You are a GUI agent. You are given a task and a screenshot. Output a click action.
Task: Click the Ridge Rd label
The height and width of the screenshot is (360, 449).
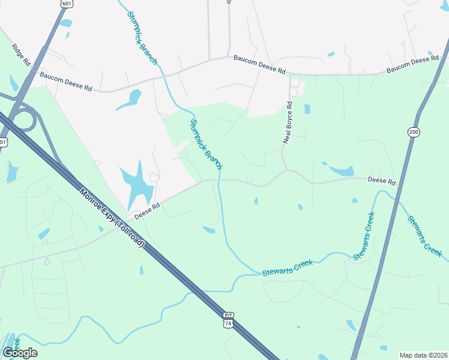pyautogui.click(x=20, y=54)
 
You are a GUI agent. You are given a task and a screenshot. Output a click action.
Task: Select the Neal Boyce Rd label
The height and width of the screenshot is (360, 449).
pyautogui.click(x=289, y=122)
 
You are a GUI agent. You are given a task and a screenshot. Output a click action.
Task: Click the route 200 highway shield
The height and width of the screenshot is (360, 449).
pyautogui.click(x=413, y=132)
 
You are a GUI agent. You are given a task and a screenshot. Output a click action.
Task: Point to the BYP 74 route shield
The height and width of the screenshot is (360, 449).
pyautogui.click(x=228, y=320)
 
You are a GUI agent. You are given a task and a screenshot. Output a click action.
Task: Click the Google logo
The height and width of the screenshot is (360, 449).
pyautogui.click(x=20, y=353)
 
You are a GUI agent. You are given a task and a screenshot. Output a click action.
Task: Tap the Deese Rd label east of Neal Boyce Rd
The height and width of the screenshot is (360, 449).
pyautogui.click(x=382, y=181)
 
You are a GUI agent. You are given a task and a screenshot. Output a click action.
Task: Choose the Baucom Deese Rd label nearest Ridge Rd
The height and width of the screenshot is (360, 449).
pyautogui.click(x=65, y=82)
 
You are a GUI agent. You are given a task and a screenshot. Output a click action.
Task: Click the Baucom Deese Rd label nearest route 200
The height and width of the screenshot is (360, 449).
pyautogui.click(x=412, y=66)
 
